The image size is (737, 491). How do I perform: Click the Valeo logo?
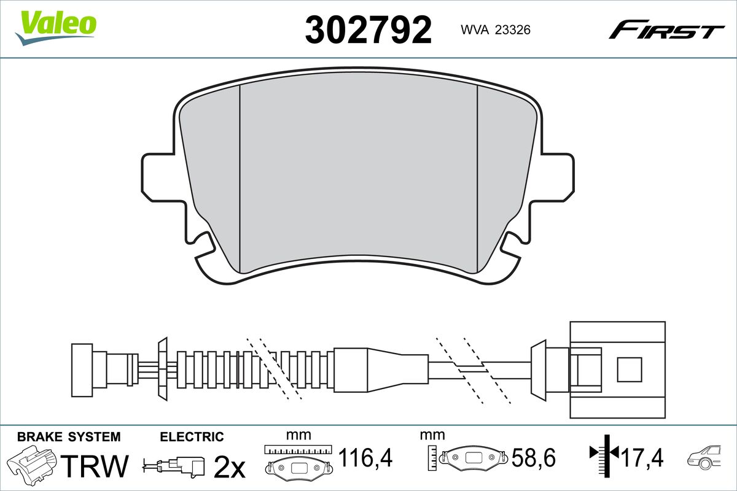click(56, 28)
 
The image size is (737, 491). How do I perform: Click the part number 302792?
click(368, 30)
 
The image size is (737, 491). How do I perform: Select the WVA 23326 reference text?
click(496, 30)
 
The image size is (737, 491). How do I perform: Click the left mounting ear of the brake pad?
click(158, 177)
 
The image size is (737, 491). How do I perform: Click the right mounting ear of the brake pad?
click(558, 177)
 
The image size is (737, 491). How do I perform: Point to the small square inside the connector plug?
click(630, 369)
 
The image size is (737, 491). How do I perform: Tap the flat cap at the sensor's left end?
click(82, 370)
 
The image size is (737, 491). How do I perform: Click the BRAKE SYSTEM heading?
click(69, 437)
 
